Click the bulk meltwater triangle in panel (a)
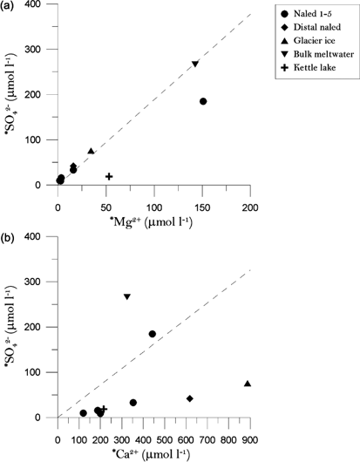195,65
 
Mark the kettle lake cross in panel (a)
109,176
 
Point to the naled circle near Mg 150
203,101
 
